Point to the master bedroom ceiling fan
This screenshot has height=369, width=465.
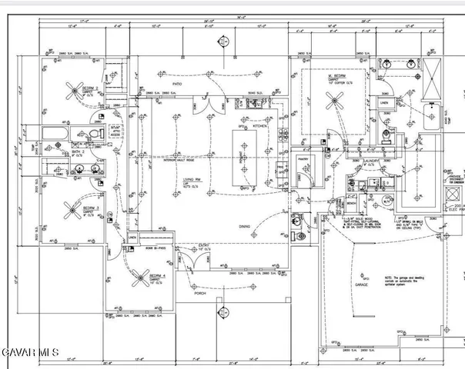[x=336, y=98]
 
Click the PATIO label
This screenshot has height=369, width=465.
[x=177, y=84]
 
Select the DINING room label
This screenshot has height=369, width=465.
[x=245, y=226]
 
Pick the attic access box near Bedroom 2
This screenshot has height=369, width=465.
[x=115, y=131]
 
